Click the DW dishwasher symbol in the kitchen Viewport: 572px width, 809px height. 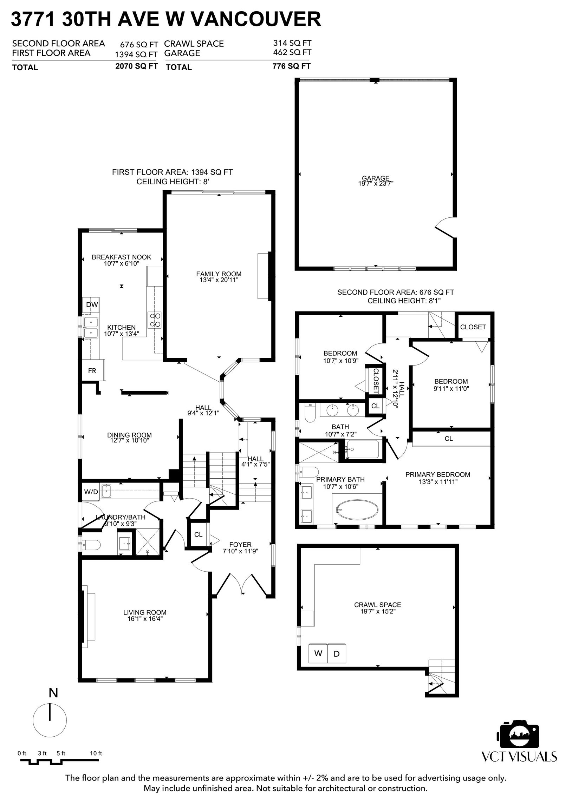(91, 305)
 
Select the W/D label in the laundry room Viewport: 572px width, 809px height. (91, 492)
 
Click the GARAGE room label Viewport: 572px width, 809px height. (376, 178)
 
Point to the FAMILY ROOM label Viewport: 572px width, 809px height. (219, 274)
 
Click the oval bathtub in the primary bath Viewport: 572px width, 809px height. (357, 509)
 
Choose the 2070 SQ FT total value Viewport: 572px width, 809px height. (136, 66)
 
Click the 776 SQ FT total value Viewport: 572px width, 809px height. (291, 66)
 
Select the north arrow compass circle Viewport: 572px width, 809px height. (50, 720)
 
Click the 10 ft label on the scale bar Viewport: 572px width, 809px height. (96, 753)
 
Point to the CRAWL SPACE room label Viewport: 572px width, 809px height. (378, 605)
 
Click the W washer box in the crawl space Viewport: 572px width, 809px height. (318, 653)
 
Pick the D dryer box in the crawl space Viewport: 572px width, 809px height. (337, 653)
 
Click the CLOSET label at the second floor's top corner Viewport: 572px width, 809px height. (473, 327)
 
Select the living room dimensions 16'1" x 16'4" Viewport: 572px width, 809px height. (145, 619)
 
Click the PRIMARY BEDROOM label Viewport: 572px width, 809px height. (438, 475)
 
